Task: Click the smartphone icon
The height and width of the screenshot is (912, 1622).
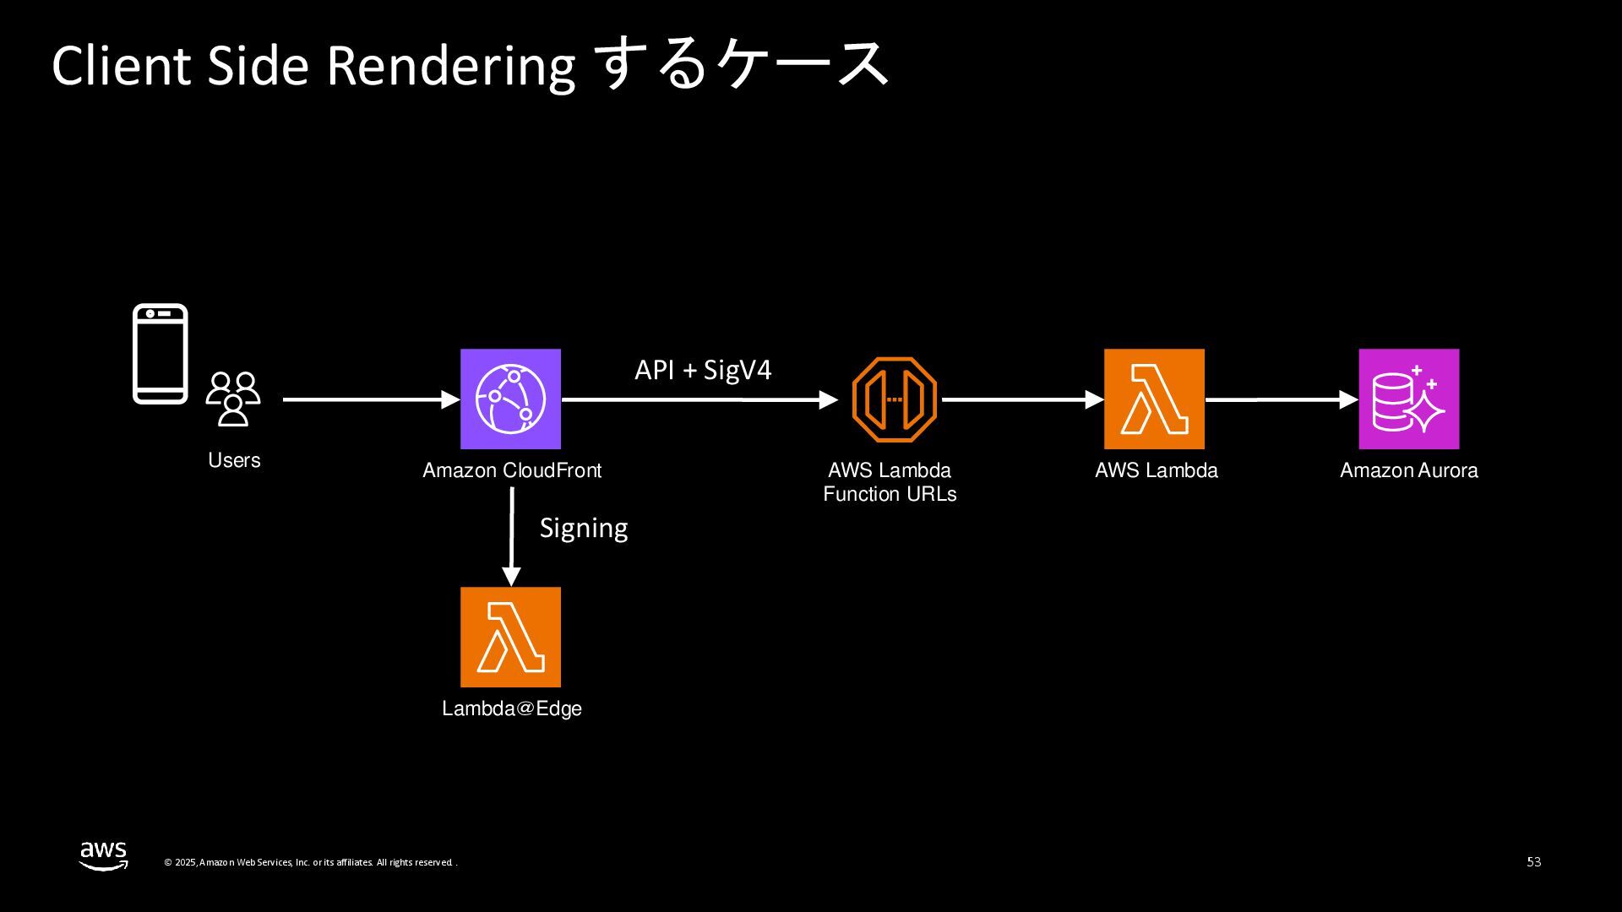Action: pos(161,354)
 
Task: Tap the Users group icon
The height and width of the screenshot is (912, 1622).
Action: pos(233,399)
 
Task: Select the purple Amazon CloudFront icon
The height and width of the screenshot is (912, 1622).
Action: pos(510,399)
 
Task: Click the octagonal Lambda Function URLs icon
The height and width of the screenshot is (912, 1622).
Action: pos(895,399)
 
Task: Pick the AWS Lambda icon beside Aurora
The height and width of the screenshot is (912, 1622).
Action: pos(1154,399)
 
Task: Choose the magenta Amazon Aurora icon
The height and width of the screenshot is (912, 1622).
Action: pos(1408,399)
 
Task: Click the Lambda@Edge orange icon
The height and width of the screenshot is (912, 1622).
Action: pos(510,637)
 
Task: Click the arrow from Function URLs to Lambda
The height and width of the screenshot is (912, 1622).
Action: pos(1022,399)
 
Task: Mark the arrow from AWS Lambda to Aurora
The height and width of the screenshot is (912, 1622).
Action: pos(1281,399)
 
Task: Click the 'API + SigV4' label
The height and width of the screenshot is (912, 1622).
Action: pos(703,370)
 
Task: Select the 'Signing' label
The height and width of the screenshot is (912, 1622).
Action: pos(584,528)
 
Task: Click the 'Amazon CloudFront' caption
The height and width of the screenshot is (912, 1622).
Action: pos(512,470)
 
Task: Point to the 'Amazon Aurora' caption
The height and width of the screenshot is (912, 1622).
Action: pos(1408,470)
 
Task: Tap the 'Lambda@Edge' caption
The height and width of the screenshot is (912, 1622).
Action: pos(512,708)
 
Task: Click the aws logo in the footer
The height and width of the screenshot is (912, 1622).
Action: pos(104,855)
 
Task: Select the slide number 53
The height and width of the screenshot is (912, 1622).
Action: pos(1534,862)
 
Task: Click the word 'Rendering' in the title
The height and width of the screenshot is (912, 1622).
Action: pos(450,66)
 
